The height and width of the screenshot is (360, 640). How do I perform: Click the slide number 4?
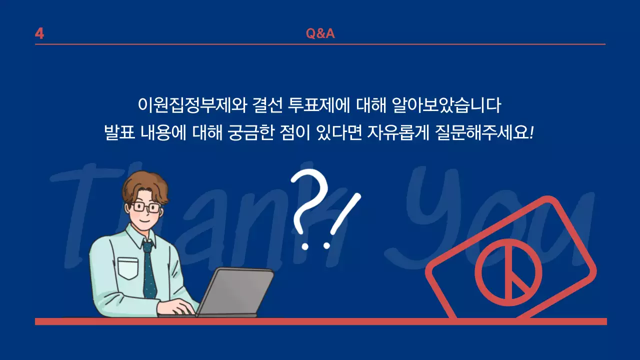pos(39,33)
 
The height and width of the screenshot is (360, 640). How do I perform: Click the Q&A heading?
pos(320,33)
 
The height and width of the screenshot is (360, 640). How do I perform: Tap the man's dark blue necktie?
pos(149,270)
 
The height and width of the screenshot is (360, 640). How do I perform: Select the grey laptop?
pos(235,292)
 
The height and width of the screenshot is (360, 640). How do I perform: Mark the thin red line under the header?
pos(320,44)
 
